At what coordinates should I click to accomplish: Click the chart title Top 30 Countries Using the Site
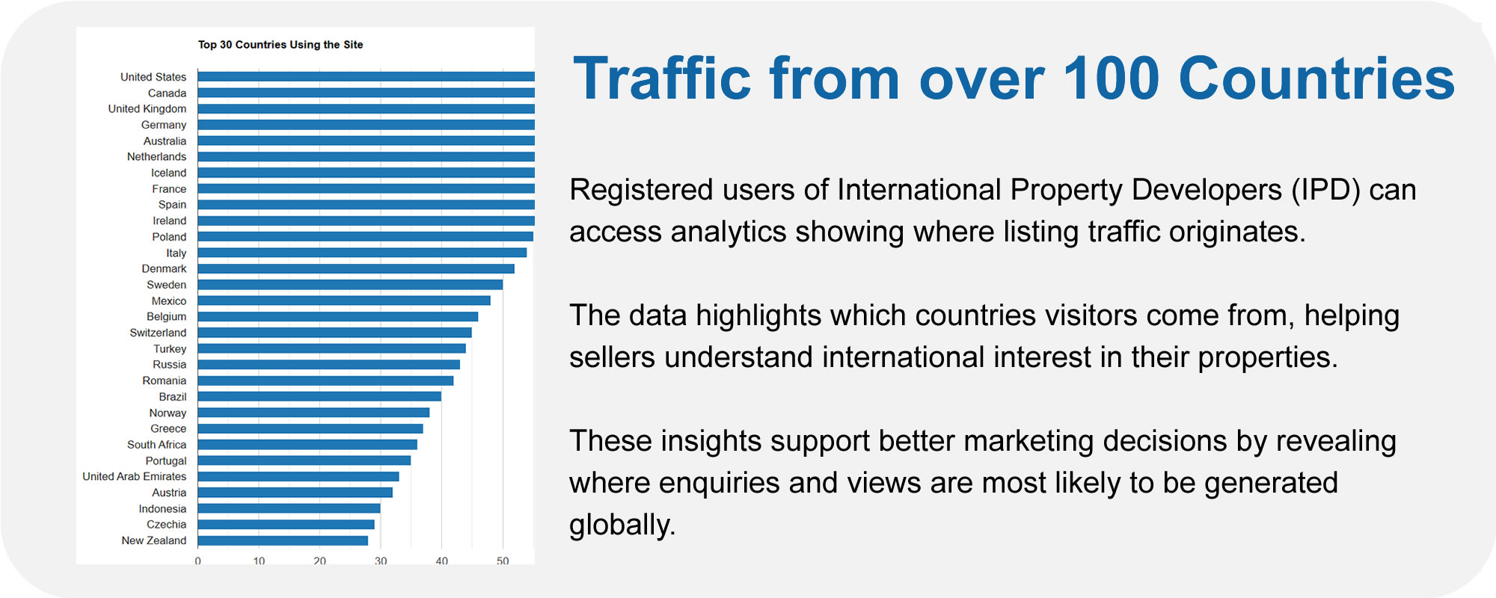pyautogui.click(x=280, y=45)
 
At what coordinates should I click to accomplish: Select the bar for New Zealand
pyautogui.click(x=283, y=540)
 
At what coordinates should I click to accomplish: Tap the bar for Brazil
pyautogui.click(x=319, y=396)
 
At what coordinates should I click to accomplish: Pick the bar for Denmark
pyautogui.click(x=356, y=268)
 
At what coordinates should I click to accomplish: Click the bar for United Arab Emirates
pyautogui.click(x=298, y=476)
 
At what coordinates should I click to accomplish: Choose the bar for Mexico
pyautogui.click(x=344, y=300)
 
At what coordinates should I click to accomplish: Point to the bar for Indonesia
pyautogui.click(x=289, y=508)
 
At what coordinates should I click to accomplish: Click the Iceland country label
pyautogui.click(x=168, y=173)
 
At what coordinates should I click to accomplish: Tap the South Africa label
pyautogui.click(x=156, y=445)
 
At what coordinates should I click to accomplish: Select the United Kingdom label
pyautogui.click(x=147, y=109)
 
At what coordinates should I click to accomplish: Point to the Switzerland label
pyautogui.click(x=158, y=333)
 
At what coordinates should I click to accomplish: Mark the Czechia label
pyautogui.click(x=166, y=525)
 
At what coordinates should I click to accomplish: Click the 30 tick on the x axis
pyautogui.click(x=381, y=561)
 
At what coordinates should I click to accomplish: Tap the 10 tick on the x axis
pyautogui.click(x=259, y=561)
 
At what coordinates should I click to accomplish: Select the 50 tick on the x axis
pyautogui.click(x=503, y=561)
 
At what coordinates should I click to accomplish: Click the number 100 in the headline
pyautogui.click(x=1111, y=78)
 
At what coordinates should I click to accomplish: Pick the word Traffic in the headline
pyautogui.click(x=661, y=78)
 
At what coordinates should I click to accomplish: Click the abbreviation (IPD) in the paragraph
pyautogui.click(x=1325, y=190)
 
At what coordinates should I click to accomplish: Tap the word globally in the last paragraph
pyautogui.click(x=622, y=525)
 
